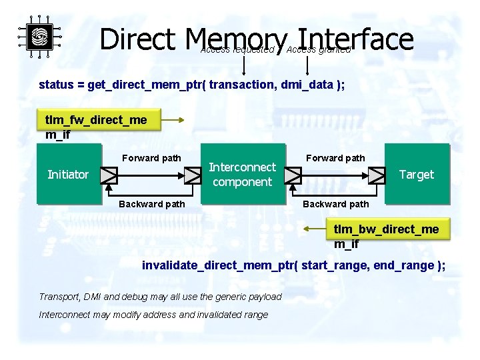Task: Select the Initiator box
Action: tap(68, 175)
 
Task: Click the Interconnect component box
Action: tap(242, 175)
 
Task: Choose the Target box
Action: tap(416, 175)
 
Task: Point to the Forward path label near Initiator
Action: tap(151, 158)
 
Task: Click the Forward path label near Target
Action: tap(335, 158)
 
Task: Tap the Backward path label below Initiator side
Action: tap(151, 204)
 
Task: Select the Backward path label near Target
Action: tap(335, 204)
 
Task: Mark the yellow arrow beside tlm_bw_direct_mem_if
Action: tap(315, 229)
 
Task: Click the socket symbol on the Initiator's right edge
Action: tap(109, 175)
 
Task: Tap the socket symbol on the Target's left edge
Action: tap(377, 175)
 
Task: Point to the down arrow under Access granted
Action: tap(307, 65)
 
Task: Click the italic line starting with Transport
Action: tap(160, 297)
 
